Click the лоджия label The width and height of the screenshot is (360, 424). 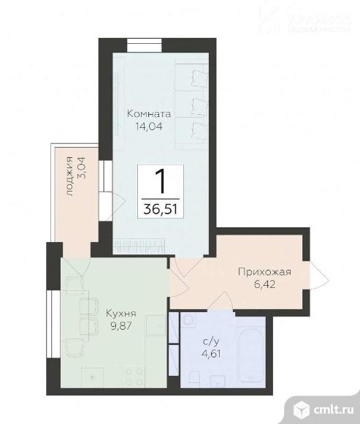point(69,176)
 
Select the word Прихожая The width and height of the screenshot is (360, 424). point(264,273)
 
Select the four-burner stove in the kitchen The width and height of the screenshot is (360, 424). point(134,376)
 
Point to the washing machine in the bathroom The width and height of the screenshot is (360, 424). point(188,322)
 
